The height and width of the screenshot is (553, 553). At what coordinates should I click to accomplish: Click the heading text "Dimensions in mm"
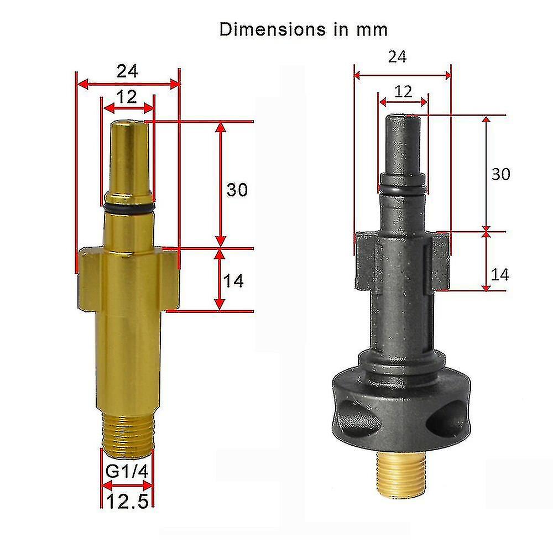click(303, 29)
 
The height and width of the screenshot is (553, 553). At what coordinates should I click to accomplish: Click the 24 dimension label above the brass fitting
click(127, 71)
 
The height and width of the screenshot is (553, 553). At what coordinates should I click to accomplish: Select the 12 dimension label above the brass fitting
click(127, 97)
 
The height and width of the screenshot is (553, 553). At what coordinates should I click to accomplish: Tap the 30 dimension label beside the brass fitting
click(237, 190)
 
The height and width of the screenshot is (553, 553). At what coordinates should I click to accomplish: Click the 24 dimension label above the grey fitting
click(397, 56)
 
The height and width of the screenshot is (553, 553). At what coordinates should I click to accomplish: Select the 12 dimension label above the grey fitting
click(403, 91)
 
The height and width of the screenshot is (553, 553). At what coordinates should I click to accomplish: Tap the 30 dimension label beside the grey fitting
click(500, 174)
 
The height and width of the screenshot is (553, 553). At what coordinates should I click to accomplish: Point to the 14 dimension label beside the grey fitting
click(500, 274)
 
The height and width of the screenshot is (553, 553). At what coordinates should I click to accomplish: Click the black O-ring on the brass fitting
click(128, 209)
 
